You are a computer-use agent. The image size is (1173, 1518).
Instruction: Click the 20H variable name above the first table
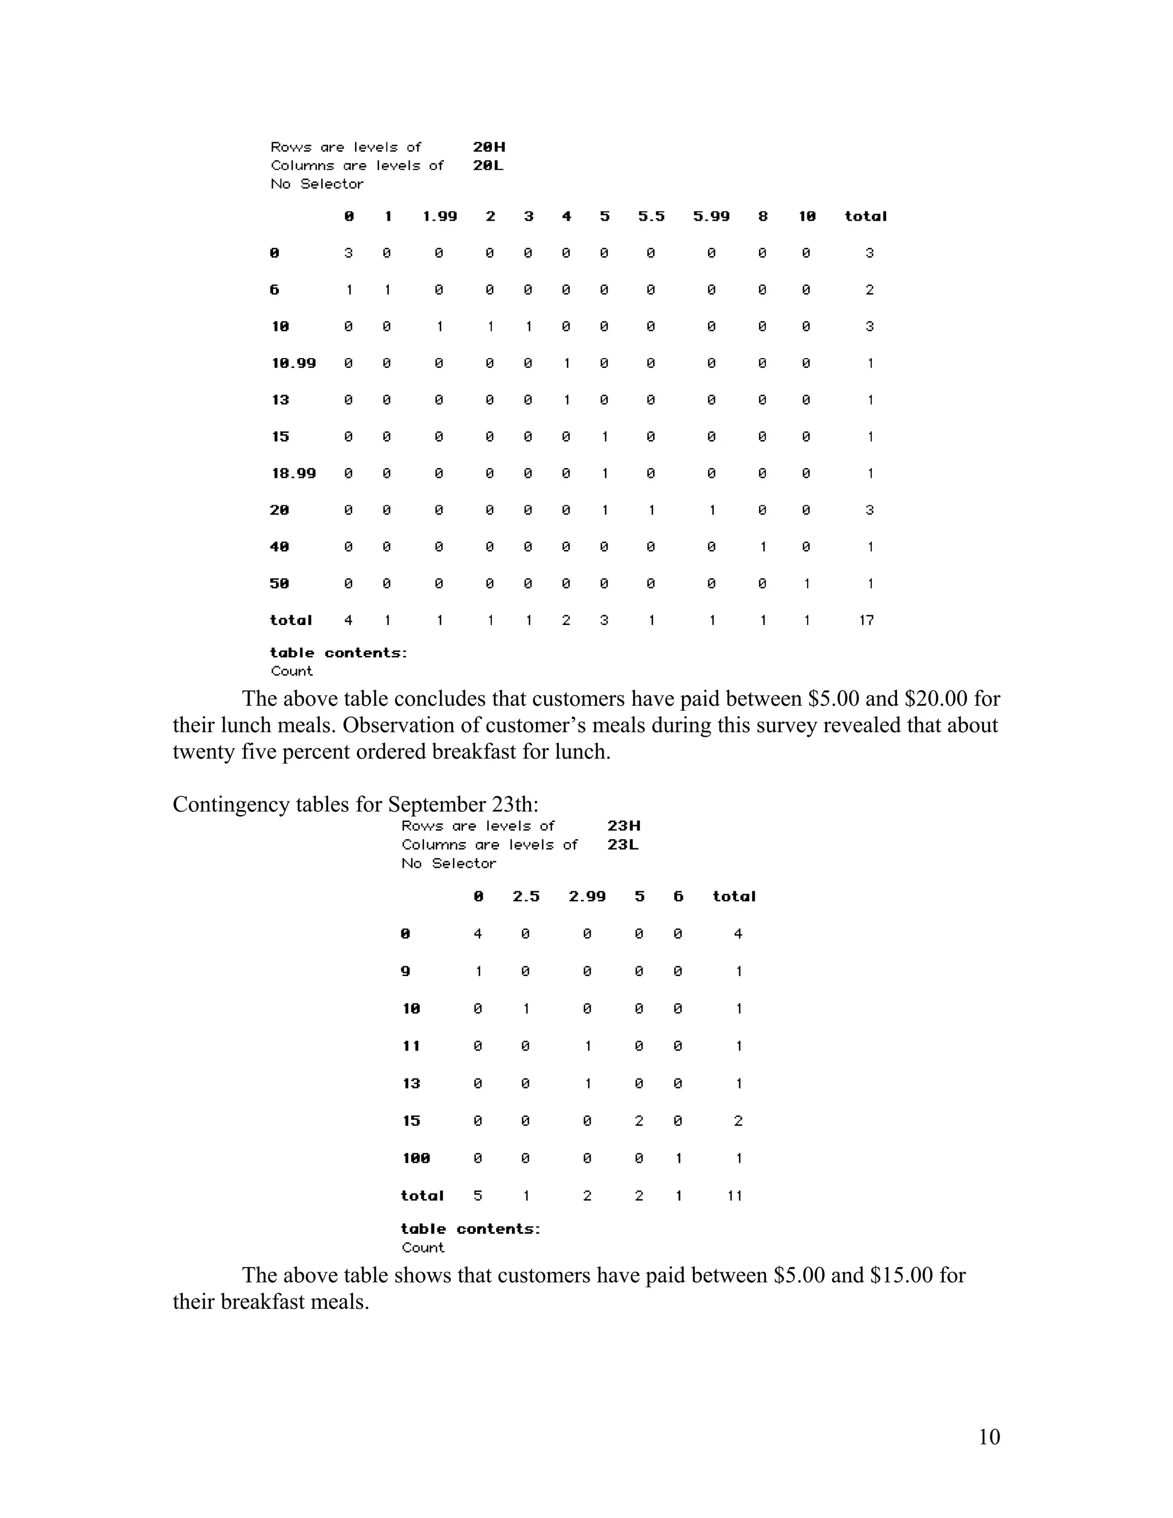489,147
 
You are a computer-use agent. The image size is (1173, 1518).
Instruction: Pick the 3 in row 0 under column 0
348,253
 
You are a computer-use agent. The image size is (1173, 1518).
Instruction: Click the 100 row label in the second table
416,1158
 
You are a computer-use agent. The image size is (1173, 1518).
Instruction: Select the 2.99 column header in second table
587,896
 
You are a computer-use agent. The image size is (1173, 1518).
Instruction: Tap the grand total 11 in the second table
735,1195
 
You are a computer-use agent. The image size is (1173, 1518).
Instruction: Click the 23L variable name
623,844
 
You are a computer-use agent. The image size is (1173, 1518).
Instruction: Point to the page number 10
989,1437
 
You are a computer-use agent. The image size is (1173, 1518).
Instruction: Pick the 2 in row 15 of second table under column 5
639,1120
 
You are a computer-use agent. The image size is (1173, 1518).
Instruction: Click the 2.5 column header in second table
526,896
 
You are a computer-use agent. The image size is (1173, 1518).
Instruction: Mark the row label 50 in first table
280,583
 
